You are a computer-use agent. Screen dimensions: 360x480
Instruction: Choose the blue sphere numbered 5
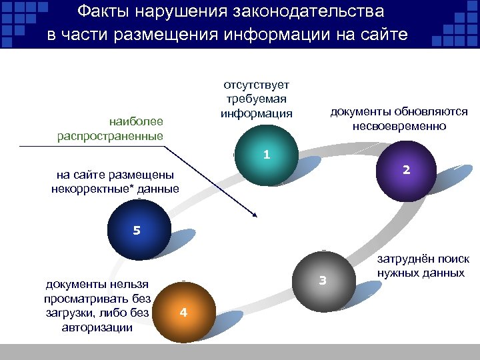tap(137, 231)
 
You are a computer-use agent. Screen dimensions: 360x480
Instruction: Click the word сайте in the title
tap(384, 35)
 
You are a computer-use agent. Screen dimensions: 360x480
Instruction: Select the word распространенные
tap(110, 136)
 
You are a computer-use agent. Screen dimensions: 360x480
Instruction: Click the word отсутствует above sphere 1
tap(257, 85)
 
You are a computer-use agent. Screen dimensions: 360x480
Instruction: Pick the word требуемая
tap(257, 99)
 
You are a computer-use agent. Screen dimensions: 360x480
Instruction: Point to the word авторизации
tap(95, 327)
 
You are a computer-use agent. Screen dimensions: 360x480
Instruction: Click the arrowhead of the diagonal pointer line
tap(254, 215)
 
